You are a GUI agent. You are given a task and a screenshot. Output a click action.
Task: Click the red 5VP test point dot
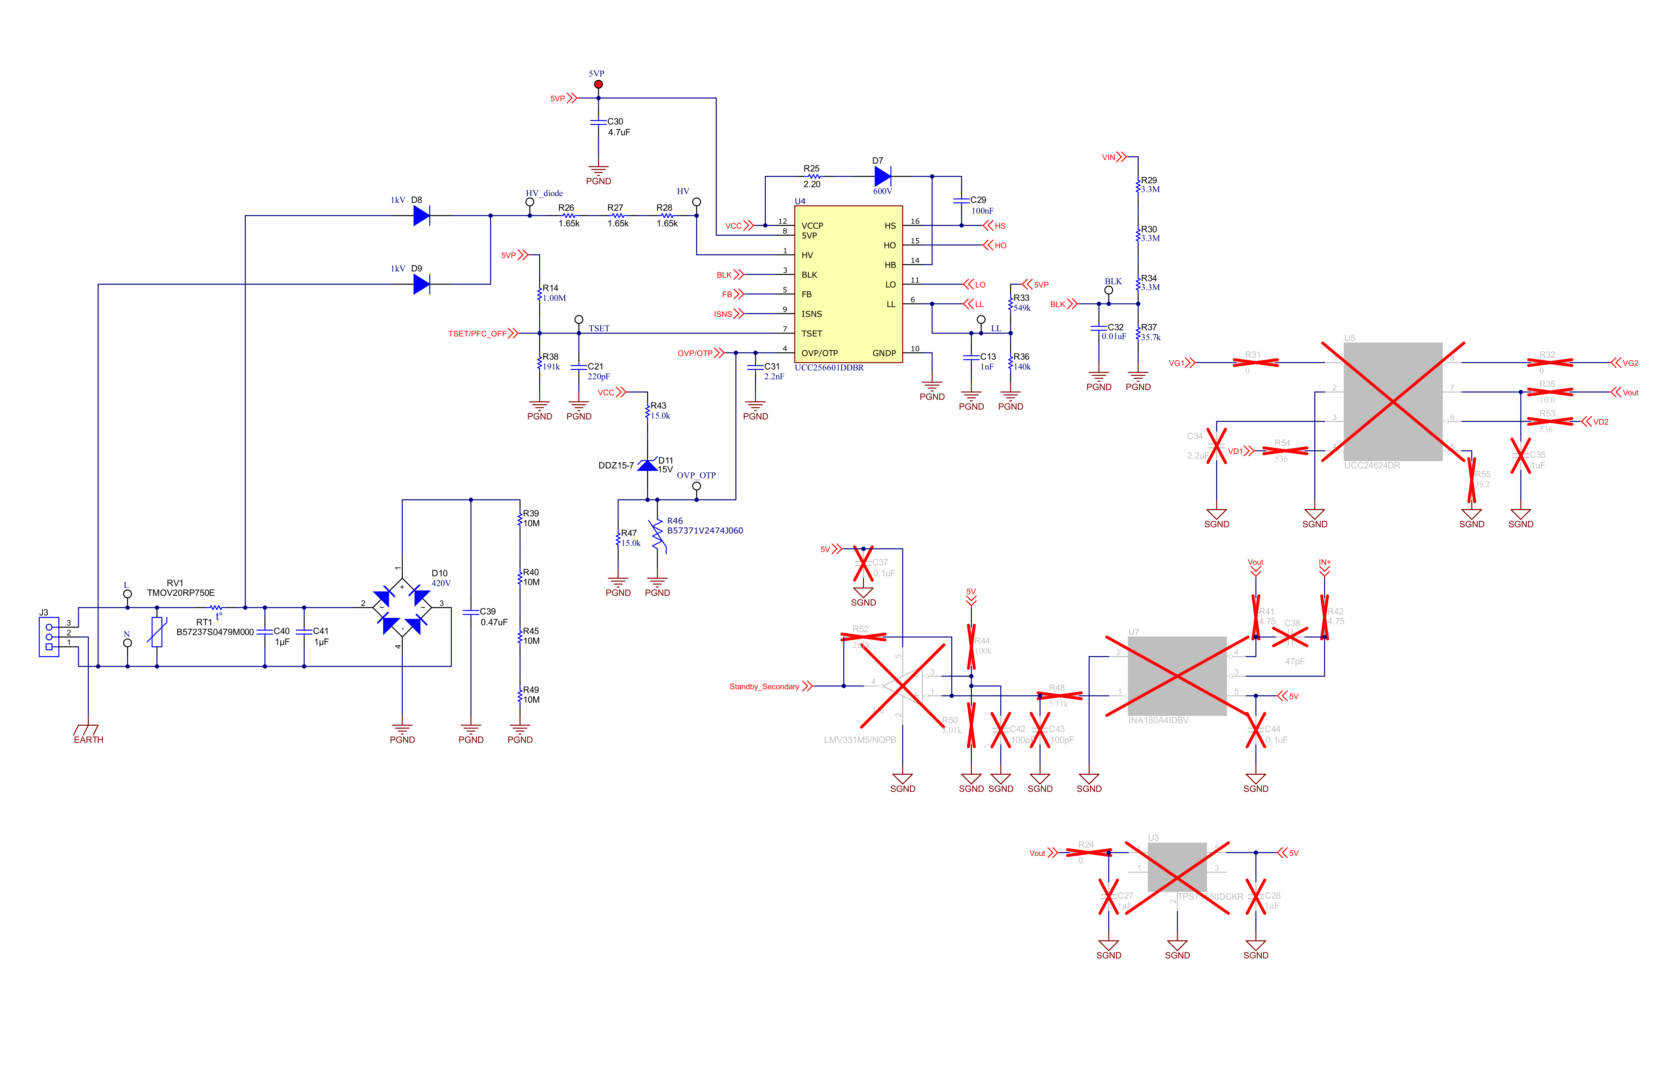tap(598, 84)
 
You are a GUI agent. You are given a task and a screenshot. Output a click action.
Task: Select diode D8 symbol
tap(421, 216)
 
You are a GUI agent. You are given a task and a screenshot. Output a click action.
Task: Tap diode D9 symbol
tap(421, 284)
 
